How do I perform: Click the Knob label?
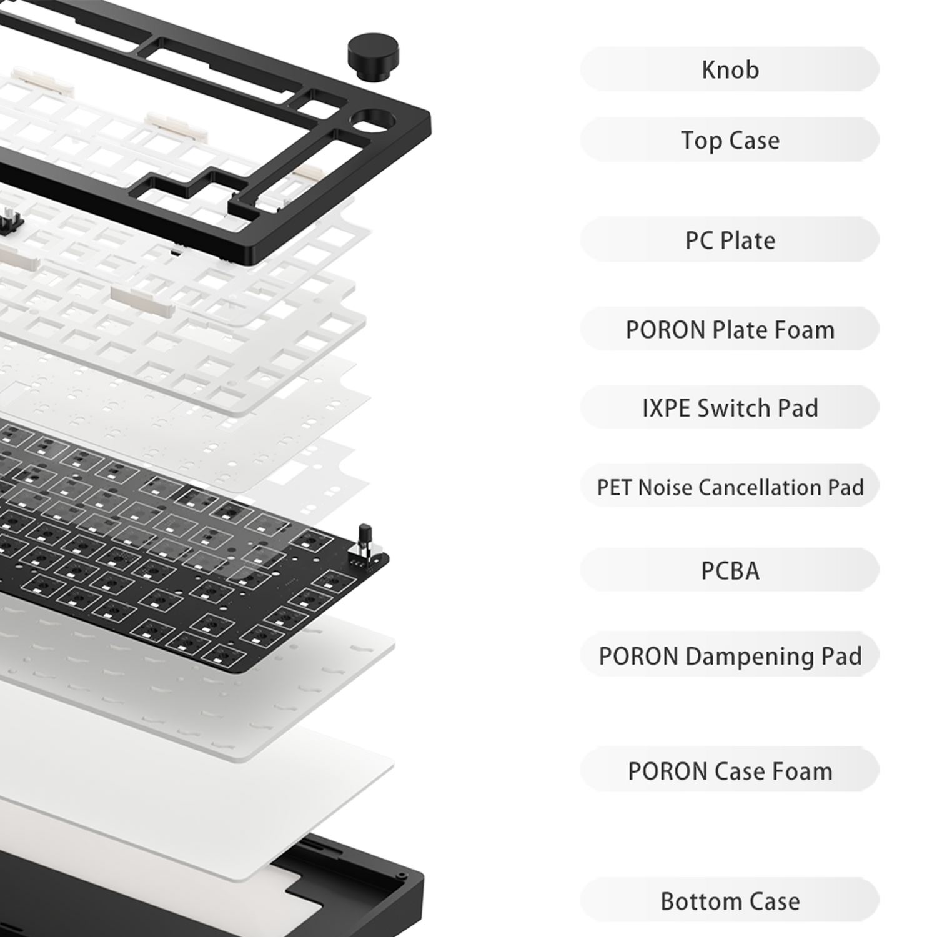coord(730,69)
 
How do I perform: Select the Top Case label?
coord(730,140)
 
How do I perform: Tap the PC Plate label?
coord(730,240)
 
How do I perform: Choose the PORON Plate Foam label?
coord(730,329)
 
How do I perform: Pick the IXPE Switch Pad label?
coord(730,408)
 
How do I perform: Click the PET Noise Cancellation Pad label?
coord(730,487)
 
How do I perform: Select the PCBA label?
coord(730,570)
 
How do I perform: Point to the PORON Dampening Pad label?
coord(730,655)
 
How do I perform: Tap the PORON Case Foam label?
coord(730,771)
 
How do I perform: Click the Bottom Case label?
coord(730,901)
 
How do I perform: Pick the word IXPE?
coord(667,408)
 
